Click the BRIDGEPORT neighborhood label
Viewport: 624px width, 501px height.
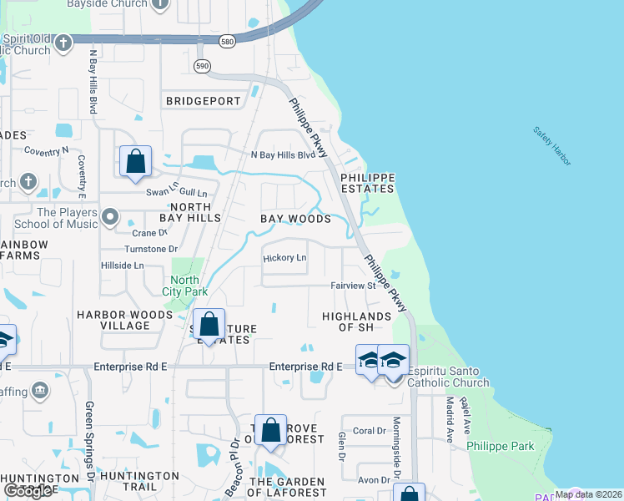(204, 101)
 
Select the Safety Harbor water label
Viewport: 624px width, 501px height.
(552, 145)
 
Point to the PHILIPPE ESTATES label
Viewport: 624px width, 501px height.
(365, 183)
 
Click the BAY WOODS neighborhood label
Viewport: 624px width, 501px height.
(295, 219)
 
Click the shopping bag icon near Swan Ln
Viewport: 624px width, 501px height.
(136, 161)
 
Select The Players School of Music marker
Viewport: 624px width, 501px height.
(110, 219)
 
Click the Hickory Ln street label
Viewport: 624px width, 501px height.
(284, 258)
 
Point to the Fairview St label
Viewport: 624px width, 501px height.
(353, 286)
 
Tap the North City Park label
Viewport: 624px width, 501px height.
(184, 286)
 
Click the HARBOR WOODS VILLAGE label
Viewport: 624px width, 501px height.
(124, 320)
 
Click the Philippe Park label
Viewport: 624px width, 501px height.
(501, 446)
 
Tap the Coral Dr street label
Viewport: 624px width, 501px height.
(369, 431)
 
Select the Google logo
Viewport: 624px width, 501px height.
(28, 491)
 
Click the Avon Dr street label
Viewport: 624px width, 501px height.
(374, 480)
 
